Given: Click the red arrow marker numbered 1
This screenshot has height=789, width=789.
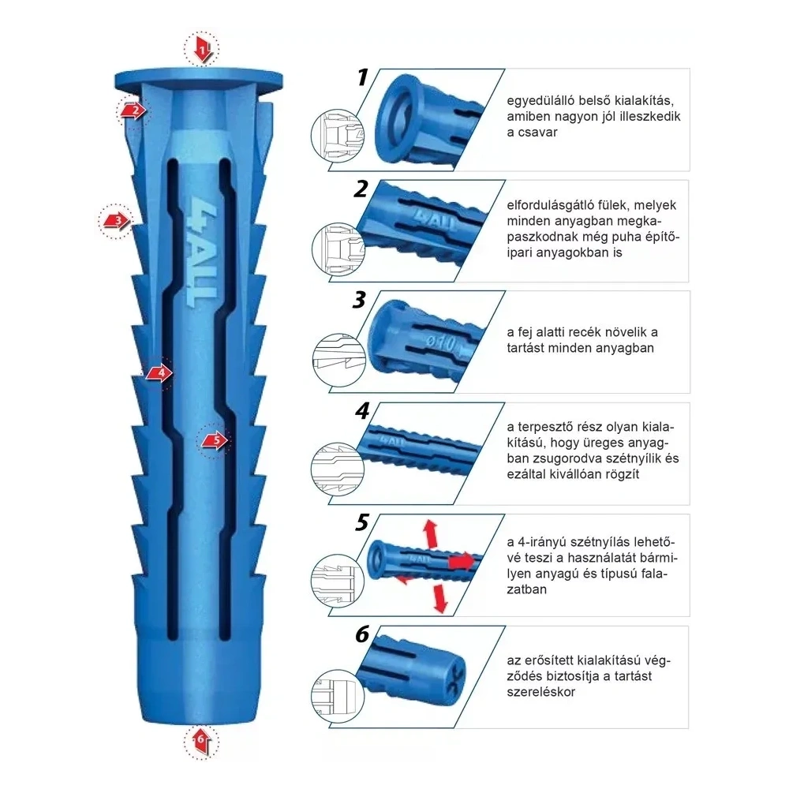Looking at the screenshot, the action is [202, 50].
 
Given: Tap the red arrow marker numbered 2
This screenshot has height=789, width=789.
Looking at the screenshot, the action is [134, 110].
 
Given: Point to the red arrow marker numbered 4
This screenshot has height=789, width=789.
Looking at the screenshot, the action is [159, 373].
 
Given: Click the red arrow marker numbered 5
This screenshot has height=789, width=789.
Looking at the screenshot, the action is [215, 441].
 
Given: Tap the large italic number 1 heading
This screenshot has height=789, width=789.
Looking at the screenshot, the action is [363, 77].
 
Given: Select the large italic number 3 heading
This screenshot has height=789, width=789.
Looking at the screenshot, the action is [359, 300].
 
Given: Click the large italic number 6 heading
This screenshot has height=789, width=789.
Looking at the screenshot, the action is [362, 634].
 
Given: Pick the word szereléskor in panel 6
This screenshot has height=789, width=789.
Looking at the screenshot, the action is [540, 693].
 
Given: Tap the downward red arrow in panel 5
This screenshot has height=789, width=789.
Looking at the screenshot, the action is [439, 599].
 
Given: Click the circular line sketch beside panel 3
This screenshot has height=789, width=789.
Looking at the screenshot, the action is [338, 361].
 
